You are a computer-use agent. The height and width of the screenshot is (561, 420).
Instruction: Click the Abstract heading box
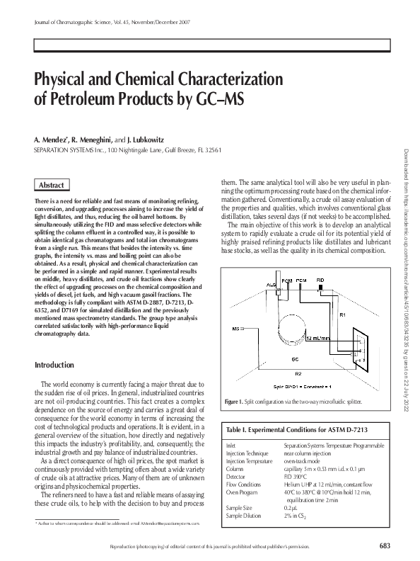point(52,185)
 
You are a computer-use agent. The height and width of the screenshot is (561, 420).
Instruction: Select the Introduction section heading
point(54,365)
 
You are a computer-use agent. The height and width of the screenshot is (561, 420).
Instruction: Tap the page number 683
point(384,545)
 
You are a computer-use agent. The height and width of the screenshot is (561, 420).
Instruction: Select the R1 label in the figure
point(342,313)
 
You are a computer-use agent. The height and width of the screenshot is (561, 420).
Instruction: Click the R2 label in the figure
point(298,371)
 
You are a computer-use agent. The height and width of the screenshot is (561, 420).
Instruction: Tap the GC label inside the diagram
point(296,359)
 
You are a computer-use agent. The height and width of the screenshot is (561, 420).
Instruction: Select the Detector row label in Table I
point(235,476)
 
